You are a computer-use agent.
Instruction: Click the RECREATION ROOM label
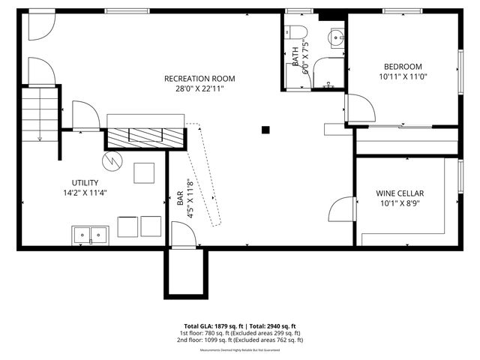(199, 78)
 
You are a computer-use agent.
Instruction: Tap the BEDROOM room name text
(403, 66)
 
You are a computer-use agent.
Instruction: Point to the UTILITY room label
(85, 182)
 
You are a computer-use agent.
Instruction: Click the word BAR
(180, 198)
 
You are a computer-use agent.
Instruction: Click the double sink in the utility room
(90, 235)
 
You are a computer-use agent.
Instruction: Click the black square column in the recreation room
(265, 130)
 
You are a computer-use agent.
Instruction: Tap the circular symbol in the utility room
(111, 160)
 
